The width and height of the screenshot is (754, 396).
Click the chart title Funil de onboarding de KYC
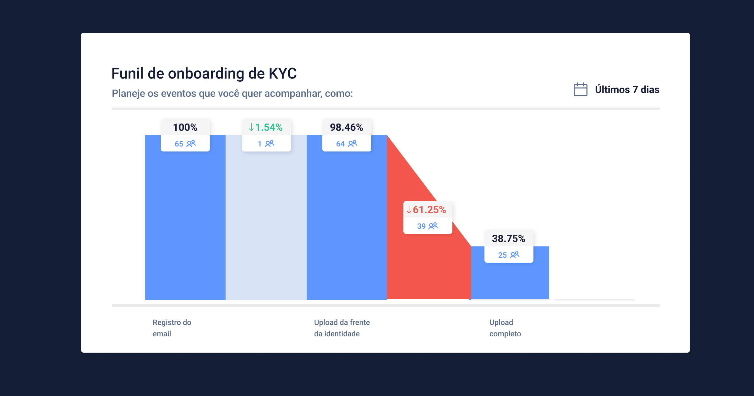click(x=204, y=74)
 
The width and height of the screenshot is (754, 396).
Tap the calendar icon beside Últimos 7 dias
click(x=580, y=90)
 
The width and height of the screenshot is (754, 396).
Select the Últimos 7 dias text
click(x=627, y=90)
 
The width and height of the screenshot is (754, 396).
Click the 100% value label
click(x=185, y=127)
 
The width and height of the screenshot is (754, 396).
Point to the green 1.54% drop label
click(x=266, y=127)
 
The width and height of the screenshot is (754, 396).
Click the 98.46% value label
click(x=347, y=127)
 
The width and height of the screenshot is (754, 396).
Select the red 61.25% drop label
click(x=427, y=210)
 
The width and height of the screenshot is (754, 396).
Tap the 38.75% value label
click(x=508, y=239)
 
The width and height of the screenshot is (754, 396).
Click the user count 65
click(x=179, y=144)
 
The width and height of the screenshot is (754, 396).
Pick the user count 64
click(x=340, y=144)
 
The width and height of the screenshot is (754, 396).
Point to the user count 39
click(x=421, y=226)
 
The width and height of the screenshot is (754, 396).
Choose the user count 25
click(x=502, y=255)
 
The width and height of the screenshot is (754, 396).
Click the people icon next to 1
click(x=270, y=144)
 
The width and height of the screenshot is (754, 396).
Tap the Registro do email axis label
click(x=172, y=328)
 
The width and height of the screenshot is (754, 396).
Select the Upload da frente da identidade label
click(x=342, y=328)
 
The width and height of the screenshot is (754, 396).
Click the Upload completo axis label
click(x=505, y=328)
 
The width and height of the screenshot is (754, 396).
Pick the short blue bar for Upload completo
click(x=510, y=280)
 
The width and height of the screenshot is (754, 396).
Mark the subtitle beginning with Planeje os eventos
click(x=232, y=93)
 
